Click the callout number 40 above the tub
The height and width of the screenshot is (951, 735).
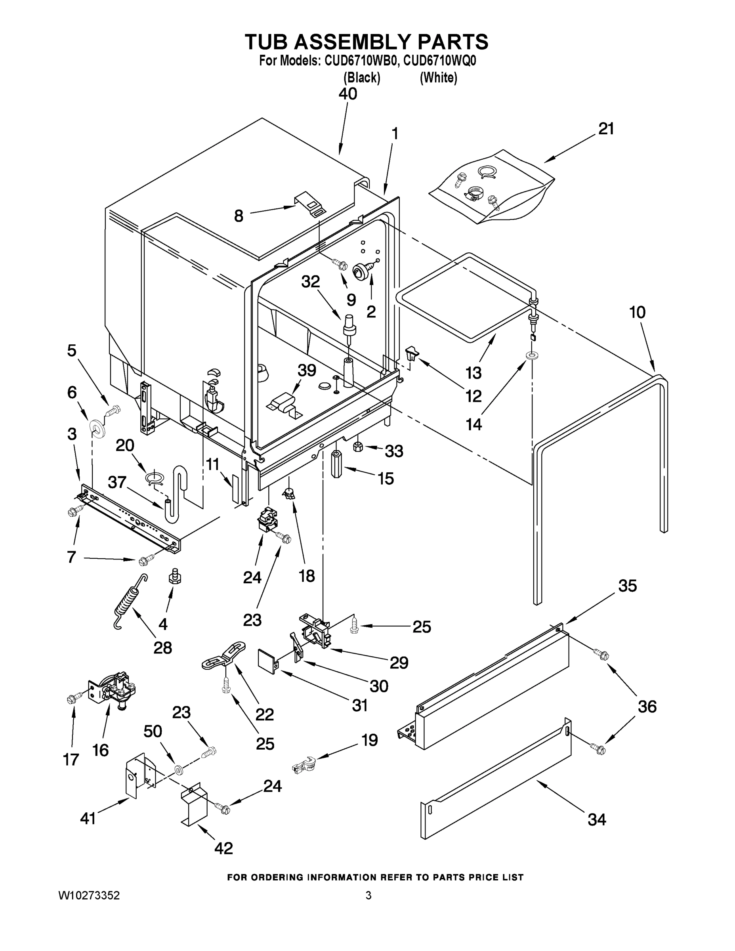tap(348, 94)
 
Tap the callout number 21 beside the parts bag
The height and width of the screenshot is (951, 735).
tap(606, 129)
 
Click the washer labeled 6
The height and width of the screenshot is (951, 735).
tap(97, 428)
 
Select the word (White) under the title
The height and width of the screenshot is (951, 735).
tap(438, 78)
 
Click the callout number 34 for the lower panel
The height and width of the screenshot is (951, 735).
tap(597, 819)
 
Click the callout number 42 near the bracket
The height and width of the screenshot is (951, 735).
tap(224, 848)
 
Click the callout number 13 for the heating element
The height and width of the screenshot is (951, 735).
tap(473, 373)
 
